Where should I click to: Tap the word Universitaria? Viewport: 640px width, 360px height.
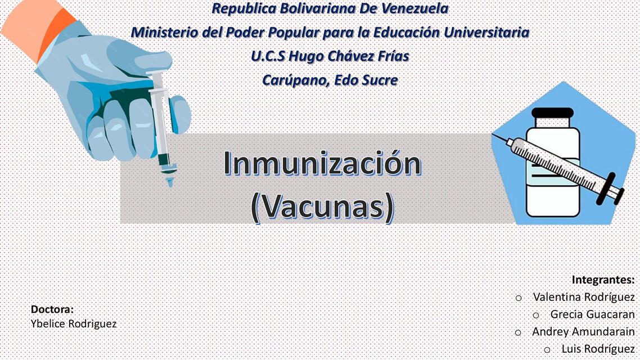486,33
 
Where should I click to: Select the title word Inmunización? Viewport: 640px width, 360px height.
322,163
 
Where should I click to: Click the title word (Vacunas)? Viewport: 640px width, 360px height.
322,206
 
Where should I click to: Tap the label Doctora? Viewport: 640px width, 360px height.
52,309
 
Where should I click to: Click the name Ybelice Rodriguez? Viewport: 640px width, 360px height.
74,324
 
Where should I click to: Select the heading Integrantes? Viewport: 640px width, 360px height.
603,280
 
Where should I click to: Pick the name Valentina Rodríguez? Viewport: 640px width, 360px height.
584,297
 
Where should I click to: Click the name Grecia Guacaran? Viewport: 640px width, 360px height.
592,314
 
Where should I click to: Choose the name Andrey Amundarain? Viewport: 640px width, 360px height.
583,332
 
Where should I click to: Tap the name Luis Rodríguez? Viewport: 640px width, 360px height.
598,349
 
